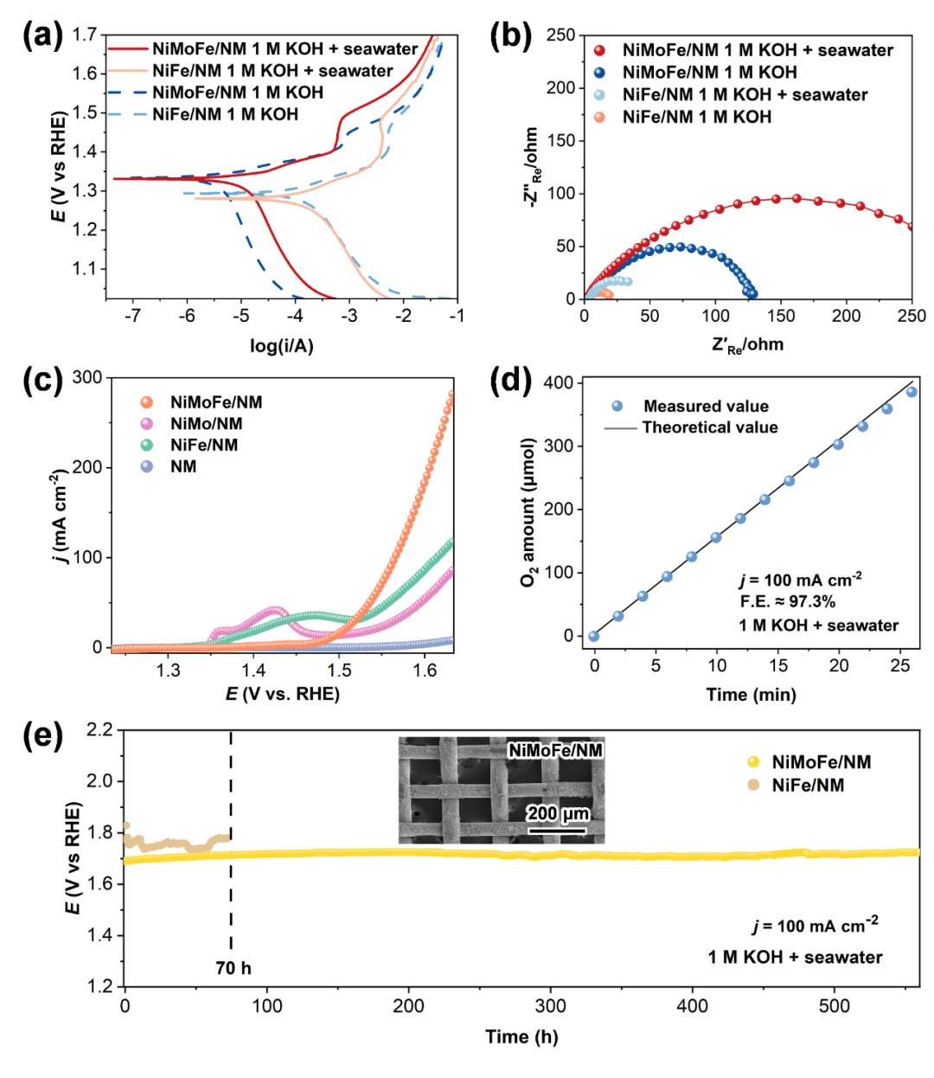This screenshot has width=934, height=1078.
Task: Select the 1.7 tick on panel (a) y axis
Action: pyautogui.click(x=85, y=35)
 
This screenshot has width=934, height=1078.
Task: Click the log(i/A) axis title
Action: pyautogui.click(x=282, y=346)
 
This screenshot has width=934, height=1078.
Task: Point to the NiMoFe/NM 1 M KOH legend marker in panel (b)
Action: pyautogui.click(x=599, y=73)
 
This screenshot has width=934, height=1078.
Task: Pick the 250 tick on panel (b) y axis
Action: pyautogui.click(x=560, y=35)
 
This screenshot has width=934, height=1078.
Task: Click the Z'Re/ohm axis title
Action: pyautogui.click(x=747, y=345)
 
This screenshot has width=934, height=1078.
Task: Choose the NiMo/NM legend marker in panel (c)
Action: pyautogui.click(x=147, y=424)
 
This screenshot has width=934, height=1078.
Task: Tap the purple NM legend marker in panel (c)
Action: pyautogui.click(x=147, y=467)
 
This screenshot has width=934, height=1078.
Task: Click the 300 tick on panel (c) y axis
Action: pyautogui.click(x=86, y=377)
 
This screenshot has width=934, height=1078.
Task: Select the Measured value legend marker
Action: pyautogui.click(x=617, y=406)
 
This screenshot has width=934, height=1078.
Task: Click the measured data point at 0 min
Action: pyautogui.click(x=594, y=637)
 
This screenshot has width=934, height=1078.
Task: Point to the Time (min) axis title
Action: pyautogui.click(x=751, y=695)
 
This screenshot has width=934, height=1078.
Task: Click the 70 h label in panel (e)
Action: pyautogui.click(x=233, y=968)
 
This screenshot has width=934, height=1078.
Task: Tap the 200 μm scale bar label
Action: pyautogui.click(x=558, y=814)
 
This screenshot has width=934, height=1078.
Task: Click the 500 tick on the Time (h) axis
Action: pyautogui.click(x=834, y=1006)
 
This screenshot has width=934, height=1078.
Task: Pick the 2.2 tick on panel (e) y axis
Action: pyautogui.click(x=100, y=730)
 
